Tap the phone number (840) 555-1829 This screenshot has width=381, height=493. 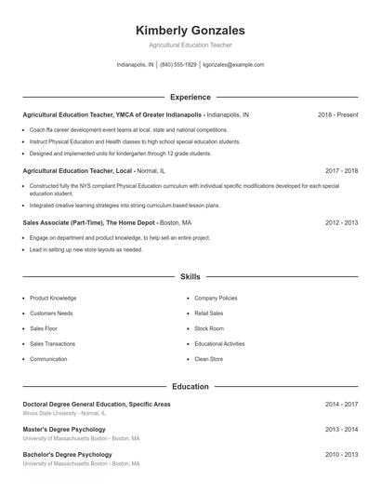click(x=178, y=65)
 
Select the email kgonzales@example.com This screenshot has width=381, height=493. click(x=233, y=65)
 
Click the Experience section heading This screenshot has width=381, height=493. click(x=190, y=97)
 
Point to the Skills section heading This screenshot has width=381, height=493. click(x=190, y=277)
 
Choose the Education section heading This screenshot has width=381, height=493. click(x=190, y=386)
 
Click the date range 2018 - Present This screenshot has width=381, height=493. click(x=337, y=114)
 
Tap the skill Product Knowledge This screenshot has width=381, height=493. click(x=53, y=299)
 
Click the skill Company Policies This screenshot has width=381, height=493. click(x=216, y=299)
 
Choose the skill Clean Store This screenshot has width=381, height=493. click(x=208, y=359)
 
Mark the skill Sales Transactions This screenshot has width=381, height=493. click(x=54, y=343)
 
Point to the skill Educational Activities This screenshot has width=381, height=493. click(x=219, y=343)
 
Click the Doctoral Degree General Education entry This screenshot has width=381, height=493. click(x=97, y=405)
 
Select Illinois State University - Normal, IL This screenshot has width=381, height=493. click(x=65, y=413)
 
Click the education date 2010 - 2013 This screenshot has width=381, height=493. click(x=341, y=455)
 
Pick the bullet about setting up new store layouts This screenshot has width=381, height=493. click(x=86, y=249)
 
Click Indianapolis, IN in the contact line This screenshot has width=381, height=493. click(x=135, y=65)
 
